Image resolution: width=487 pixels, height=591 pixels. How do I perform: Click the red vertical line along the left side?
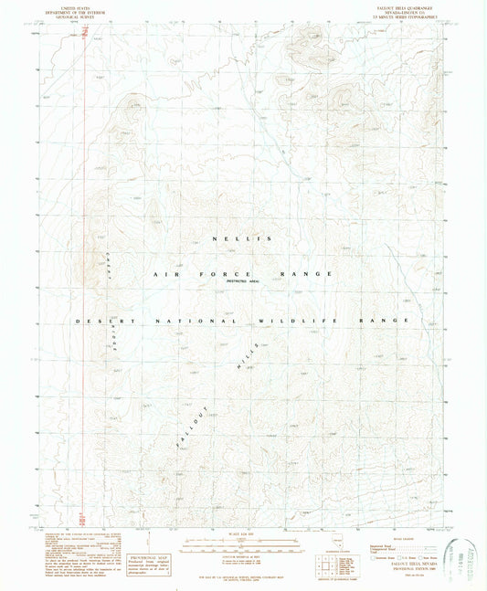pyautogui.click(x=83, y=274)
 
